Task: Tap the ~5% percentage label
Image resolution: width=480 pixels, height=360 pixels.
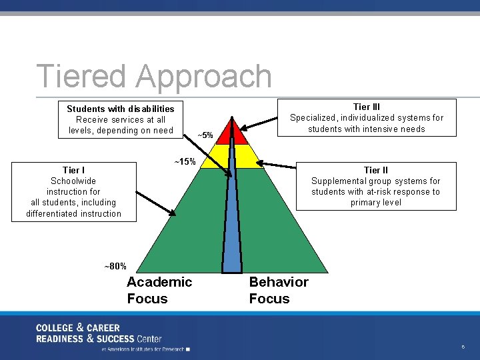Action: [205, 135]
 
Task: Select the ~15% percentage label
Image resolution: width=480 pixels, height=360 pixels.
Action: [185, 162]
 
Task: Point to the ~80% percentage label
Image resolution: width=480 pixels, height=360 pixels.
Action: [115, 266]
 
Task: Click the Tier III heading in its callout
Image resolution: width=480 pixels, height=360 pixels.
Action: [366, 107]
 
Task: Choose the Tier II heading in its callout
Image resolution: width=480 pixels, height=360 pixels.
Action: [375, 170]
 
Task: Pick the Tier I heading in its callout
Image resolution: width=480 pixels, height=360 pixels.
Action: [73, 170]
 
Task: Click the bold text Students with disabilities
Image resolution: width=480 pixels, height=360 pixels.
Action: [120, 109]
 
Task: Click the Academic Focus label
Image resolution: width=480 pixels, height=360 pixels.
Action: [159, 290]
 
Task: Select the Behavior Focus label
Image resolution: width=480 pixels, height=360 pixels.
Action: [279, 290]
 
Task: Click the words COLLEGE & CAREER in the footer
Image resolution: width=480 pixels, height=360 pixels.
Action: [77, 327]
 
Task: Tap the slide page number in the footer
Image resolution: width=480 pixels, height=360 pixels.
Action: [462, 347]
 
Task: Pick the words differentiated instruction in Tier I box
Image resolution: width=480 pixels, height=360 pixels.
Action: [73, 213]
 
